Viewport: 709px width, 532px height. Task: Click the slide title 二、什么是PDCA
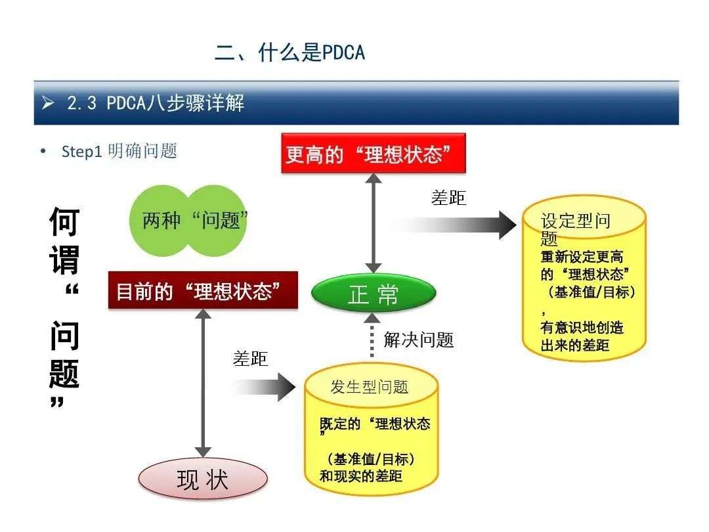(x=290, y=53)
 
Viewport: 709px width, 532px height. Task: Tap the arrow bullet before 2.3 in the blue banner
(x=47, y=103)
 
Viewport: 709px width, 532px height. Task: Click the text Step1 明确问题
(x=119, y=151)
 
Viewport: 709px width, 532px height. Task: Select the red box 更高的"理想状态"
(x=374, y=153)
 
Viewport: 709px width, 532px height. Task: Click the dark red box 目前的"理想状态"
(x=203, y=290)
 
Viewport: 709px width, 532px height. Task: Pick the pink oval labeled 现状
(x=203, y=479)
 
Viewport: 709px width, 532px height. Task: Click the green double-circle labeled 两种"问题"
(x=188, y=221)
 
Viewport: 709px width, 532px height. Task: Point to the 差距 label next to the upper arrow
(x=448, y=198)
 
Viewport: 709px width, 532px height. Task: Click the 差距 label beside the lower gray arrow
(x=251, y=359)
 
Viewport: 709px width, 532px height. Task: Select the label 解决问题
(x=418, y=340)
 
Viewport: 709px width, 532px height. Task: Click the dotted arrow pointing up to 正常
(x=372, y=335)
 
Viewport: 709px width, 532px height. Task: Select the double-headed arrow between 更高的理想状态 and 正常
(x=374, y=223)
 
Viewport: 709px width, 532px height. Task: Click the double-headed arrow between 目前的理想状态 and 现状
(x=203, y=383)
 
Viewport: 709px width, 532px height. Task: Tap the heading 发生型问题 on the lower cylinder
(x=369, y=388)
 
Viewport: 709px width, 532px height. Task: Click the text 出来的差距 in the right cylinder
(x=574, y=345)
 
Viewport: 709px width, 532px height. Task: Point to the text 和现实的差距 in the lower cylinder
(x=361, y=476)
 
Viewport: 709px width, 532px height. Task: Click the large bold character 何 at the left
(x=64, y=222)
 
